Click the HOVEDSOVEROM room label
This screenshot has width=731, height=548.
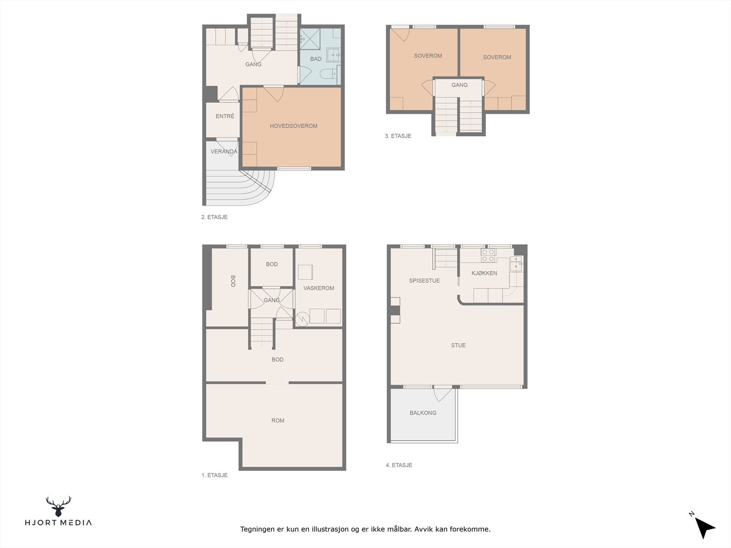point(293,126)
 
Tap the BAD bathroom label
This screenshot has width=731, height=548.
point(316,59)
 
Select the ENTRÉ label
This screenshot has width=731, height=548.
point(225,116)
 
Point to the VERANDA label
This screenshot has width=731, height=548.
point(224,152)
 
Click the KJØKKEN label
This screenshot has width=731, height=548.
point(484,273)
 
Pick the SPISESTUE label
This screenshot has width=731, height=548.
point(424,280)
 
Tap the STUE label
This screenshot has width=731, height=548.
point(458,345)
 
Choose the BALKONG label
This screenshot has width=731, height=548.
point(423,413)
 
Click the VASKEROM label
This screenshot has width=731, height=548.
point(319,288)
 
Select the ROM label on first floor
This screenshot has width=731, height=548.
point(278,421)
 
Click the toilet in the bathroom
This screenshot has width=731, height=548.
point(328,74)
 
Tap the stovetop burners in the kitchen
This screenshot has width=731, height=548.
point(488,255)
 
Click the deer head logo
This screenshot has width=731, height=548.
point(58,506)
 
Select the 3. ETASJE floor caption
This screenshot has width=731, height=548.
point(398,136)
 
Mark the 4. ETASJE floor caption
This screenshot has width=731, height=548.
point(399,465)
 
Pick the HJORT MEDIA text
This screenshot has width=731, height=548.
point(58,523)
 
